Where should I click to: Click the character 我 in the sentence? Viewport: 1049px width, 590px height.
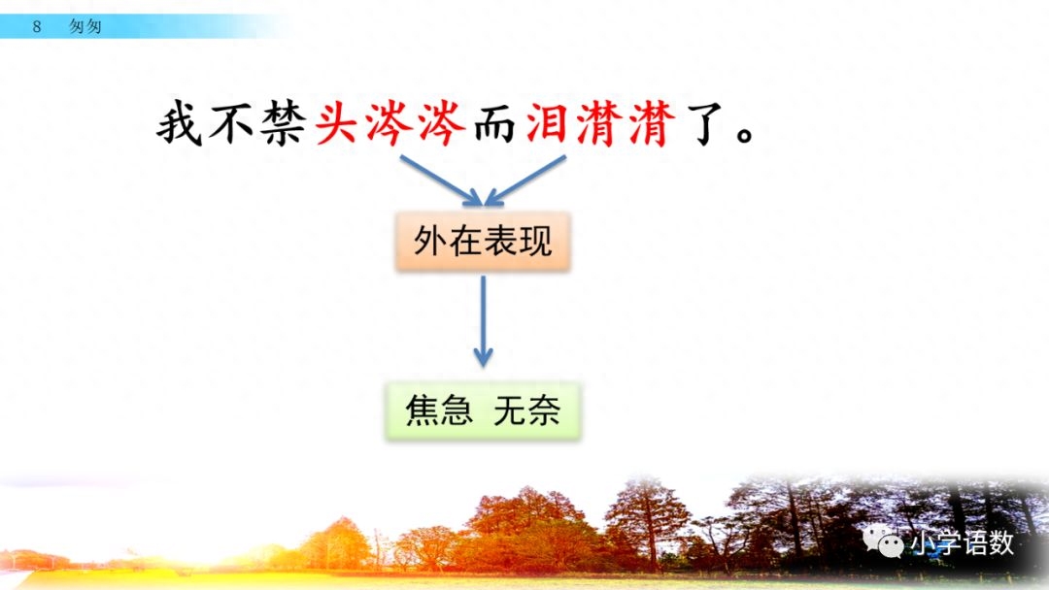(181, 125)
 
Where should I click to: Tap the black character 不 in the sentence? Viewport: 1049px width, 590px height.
(233, 125)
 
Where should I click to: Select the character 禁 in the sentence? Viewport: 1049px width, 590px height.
(286, 125)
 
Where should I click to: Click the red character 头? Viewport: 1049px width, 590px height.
(339, 125)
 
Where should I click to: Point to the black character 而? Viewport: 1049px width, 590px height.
(496, 125)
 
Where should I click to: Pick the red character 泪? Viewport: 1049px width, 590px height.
(550, 125)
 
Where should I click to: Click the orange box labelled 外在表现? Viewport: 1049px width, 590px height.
(482, 241)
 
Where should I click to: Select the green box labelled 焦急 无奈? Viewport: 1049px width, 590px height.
(482, 412)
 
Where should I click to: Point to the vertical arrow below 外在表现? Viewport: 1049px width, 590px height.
(483, 320)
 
